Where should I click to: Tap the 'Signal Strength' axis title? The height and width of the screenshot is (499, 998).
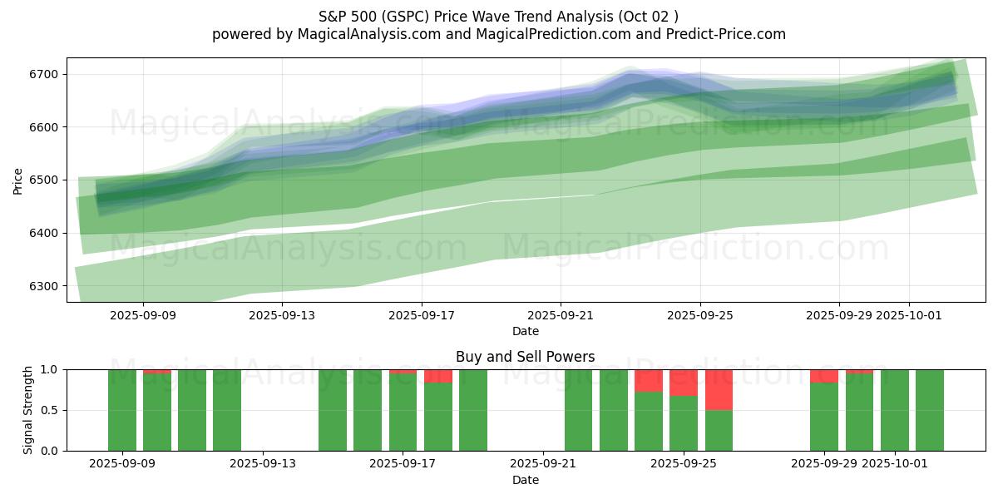coord(27,410)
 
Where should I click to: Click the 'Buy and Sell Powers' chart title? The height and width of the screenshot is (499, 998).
coord(525,357)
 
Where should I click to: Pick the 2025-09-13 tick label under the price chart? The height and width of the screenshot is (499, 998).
coord(282,315)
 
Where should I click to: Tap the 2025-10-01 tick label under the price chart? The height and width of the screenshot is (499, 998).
coord(908,315)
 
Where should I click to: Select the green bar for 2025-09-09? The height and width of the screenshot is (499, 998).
coord(122,410)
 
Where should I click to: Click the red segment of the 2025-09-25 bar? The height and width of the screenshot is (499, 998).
coord(684,382)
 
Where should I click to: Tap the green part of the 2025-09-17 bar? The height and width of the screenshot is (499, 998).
coord(403,413)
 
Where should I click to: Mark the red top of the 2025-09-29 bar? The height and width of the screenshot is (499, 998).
coord(824,376)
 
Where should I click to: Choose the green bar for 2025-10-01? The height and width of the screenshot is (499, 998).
coord(894,410)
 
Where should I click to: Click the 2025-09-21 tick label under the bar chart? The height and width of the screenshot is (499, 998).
coord(542,464)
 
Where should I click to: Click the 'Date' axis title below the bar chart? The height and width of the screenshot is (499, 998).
coord(525,480)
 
